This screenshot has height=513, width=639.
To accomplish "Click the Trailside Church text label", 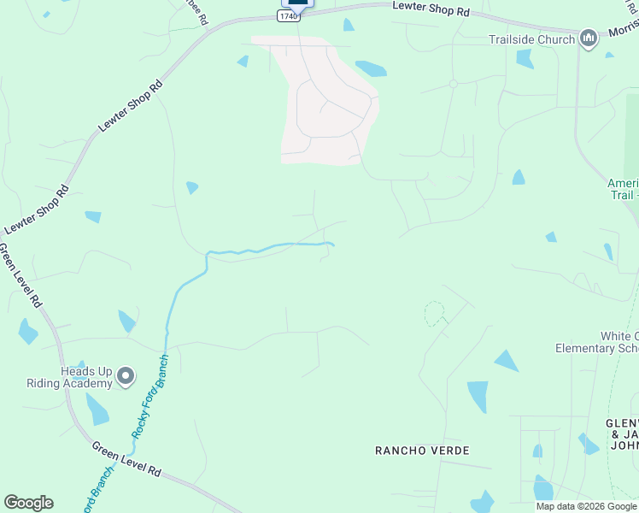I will coord(531,39).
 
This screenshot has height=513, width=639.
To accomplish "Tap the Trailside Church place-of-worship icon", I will coord(588,39).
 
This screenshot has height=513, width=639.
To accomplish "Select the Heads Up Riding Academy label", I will coord(86,377).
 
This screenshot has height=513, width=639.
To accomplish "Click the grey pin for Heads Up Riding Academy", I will coord(126,376).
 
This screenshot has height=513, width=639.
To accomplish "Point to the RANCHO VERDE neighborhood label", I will coord(422,450).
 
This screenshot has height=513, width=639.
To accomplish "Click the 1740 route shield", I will coord(289,16).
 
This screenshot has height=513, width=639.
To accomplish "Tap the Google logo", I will coord(28,503).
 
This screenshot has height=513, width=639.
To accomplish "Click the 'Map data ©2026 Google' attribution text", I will coord(587,506).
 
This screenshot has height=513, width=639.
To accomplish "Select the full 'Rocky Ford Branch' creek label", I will coord(150,397).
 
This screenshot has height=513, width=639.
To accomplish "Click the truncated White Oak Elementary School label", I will coord(597,342).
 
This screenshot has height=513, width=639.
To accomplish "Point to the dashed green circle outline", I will coord(435,313).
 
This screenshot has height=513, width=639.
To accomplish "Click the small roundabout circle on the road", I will coord(453,84).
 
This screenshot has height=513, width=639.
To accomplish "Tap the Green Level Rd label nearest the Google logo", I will coord(126,460).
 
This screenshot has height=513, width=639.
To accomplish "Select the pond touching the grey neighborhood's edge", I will coord(370,68).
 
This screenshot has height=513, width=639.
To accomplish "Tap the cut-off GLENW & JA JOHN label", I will coord(621,434).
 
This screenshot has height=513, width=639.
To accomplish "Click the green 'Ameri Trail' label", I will coord(623,189).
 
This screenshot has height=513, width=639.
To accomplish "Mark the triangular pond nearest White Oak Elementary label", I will coord(506,361).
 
